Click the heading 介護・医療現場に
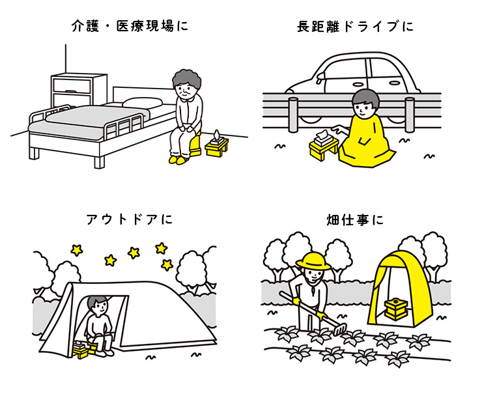[x=130, y=26]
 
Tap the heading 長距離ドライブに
[x=355, y=27]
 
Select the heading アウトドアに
[x=130, y=220]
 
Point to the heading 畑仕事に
[x=355, y=220]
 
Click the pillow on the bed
[x=143, y=103]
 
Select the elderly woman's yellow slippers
[x=178, y=160]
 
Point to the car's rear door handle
[x=395, y=83]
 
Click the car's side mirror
[x=320, y=77]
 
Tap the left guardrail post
[x=293, y=115]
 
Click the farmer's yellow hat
[x=313, y=261]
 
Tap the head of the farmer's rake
[x=340, y=330]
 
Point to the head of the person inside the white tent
[x=98, y=306]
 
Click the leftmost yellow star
[x=77, y=250]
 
